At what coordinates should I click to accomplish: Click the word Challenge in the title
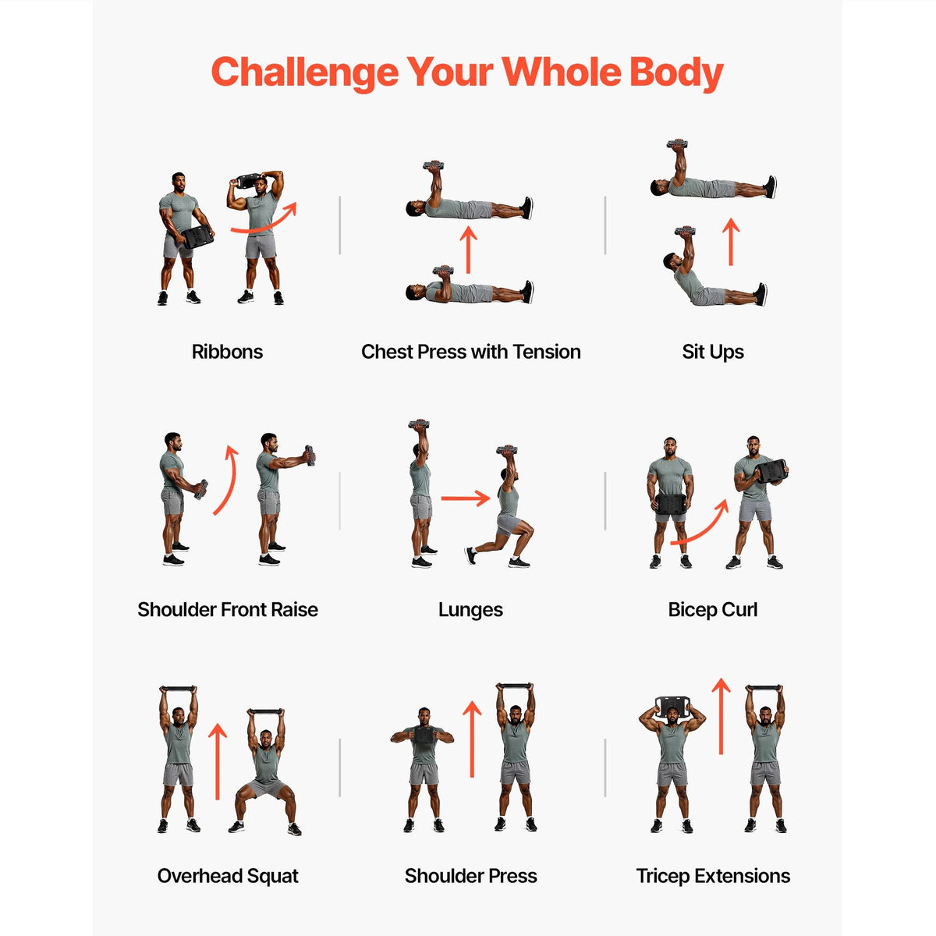(x=305, y=73)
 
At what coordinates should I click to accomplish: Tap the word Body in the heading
(x=676, y=73)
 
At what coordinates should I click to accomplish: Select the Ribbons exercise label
(x=227, y=352)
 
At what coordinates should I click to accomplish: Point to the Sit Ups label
(x=713, y=352)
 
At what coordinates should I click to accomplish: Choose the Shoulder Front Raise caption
(x=227, y=610)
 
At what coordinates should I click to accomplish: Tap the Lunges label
(x=470, y=611)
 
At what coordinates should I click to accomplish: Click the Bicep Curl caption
(x=713, y=610)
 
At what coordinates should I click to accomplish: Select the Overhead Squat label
(x=227, y=876)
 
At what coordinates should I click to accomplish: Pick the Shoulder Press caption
(x=470, y=876)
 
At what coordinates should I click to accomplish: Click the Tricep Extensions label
(x=713, y=876)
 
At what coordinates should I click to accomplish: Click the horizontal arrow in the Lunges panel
(x=466, y=498)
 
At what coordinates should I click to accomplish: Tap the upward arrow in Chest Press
(x=468, y=250)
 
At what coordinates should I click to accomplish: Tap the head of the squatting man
(x=266, y=739)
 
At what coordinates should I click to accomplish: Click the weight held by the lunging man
(x=507, y=450)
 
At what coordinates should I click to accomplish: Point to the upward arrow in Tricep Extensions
(x=721, y=717)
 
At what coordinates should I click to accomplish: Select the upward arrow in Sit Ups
(x=731, y=241)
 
